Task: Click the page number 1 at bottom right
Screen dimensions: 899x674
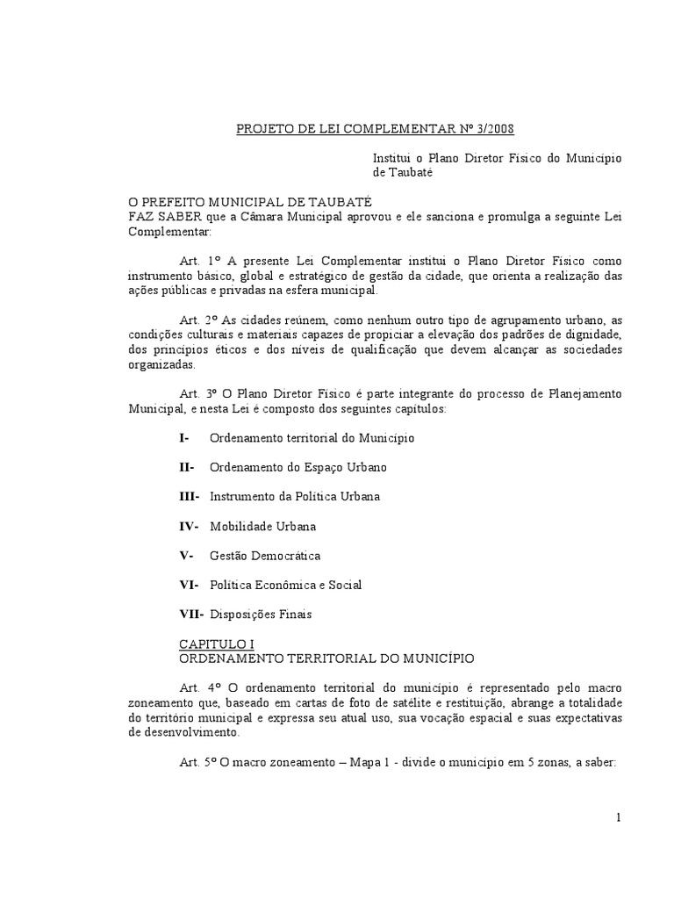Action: pos(619,818)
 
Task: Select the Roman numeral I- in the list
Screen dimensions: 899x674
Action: pos(183,437)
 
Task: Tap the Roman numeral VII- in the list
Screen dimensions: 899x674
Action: pos(191,615)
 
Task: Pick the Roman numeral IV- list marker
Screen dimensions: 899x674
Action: pos(190,526)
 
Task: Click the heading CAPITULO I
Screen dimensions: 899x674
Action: pos(217,644)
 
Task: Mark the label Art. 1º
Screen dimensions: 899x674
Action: pos(197,261)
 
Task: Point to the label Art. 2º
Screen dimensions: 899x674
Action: pos(197,320)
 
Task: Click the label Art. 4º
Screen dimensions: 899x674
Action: pos(197,687)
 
